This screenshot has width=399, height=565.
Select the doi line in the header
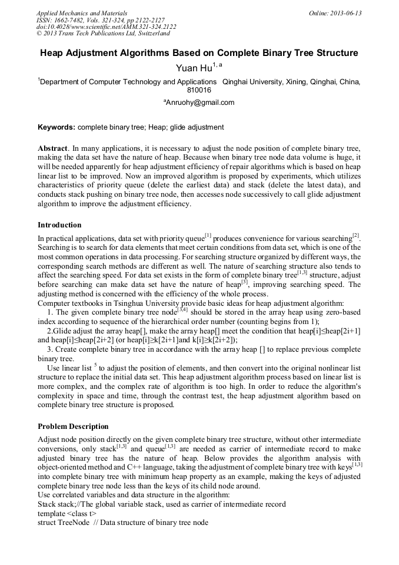click(x=106, y=27)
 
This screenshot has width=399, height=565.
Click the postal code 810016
click(x=199, y=91)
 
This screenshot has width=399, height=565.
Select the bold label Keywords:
click(x=56, y=127)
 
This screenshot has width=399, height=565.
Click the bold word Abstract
click(x=53, y=147)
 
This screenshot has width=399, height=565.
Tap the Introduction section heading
click(x=59, y=225)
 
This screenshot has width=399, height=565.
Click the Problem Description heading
click(x=73, y=427)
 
